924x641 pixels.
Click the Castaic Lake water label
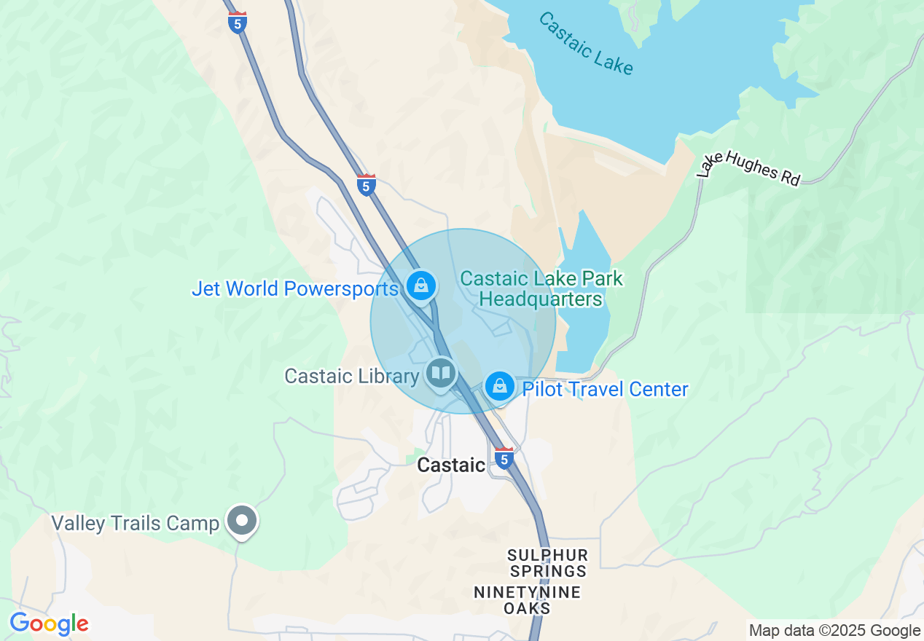pos(586,43)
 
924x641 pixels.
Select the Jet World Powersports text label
pos(295,288)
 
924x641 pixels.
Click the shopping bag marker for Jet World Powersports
pos(421,286)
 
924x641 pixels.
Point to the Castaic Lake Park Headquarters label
pos(541,288)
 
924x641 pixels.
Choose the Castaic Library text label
pos(351,376)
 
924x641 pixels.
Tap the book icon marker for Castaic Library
pos(440,374)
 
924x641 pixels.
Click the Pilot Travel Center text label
pos(605,389)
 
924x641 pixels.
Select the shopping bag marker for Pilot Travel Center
pos(500,386)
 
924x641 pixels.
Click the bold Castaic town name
pos(451,465)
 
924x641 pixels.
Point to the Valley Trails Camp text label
pos(135,523)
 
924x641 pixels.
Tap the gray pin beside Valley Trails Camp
pos(242,522)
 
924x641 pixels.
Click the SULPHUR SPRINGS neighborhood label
pos(547,563)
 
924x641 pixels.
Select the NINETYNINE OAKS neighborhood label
pos(528,599)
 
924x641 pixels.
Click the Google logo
pos(49,624)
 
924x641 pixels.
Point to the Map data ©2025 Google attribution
pos(834,631)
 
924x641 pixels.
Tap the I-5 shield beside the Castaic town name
pos(504,458)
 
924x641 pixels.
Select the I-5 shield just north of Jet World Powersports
pos(367,185)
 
